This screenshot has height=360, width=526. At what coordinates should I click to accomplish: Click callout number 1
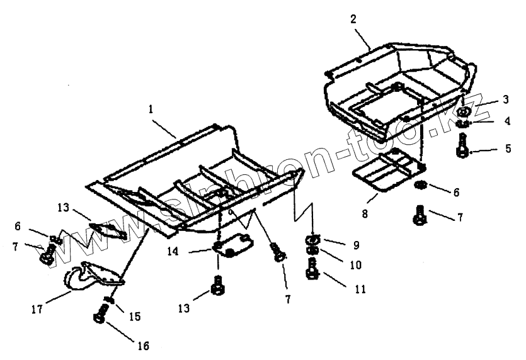click(151, 109)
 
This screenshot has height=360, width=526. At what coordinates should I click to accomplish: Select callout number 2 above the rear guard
click(353, 19)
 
